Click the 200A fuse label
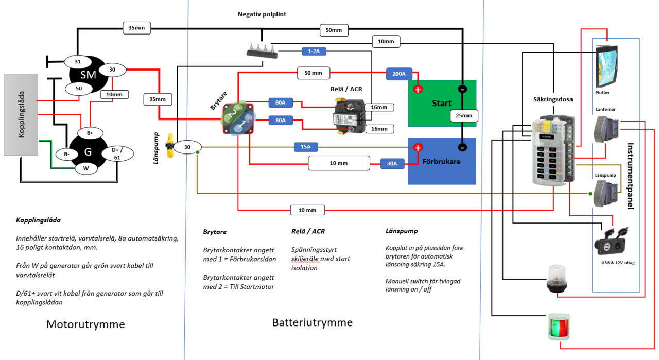click(399, 74)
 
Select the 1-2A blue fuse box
click(314, 52)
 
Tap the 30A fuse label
click(392, 164)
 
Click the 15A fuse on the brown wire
click(305, 147)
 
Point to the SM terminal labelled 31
click(78, 62)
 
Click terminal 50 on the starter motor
click(79, 88)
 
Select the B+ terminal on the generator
click(90, 133)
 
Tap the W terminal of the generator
click(86, 168)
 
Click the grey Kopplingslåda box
click(21, 114)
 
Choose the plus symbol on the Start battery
click(418, 89)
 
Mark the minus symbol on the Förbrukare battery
click(462, 147)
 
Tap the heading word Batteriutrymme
click(312, 323)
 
